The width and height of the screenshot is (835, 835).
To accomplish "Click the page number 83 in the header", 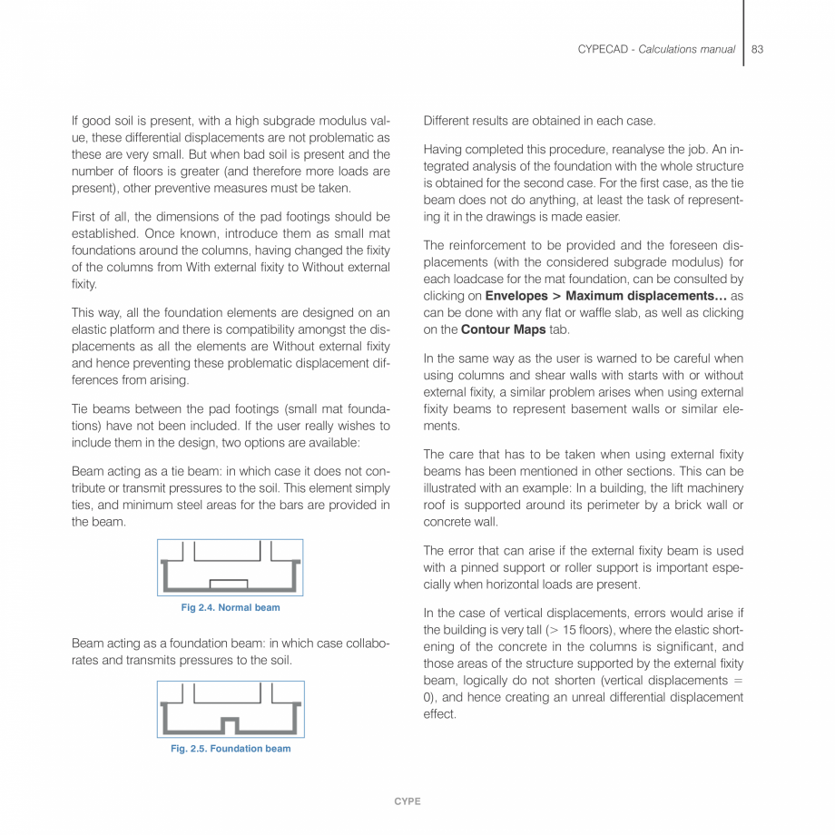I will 757,49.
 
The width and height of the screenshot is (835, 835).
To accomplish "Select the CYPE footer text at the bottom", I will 407,801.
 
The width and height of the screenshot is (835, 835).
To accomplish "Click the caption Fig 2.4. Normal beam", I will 231,607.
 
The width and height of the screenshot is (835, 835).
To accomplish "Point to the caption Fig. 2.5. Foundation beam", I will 231,749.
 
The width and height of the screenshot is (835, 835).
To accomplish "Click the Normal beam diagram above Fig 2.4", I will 231,567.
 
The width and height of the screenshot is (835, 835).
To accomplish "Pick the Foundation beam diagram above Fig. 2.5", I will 231,709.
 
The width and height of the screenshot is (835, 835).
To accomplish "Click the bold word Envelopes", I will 516,296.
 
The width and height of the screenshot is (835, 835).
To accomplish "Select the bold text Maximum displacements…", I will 643,296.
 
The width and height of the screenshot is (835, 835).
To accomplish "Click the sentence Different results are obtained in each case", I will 539,120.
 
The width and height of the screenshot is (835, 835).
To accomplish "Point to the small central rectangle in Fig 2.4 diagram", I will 228,583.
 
